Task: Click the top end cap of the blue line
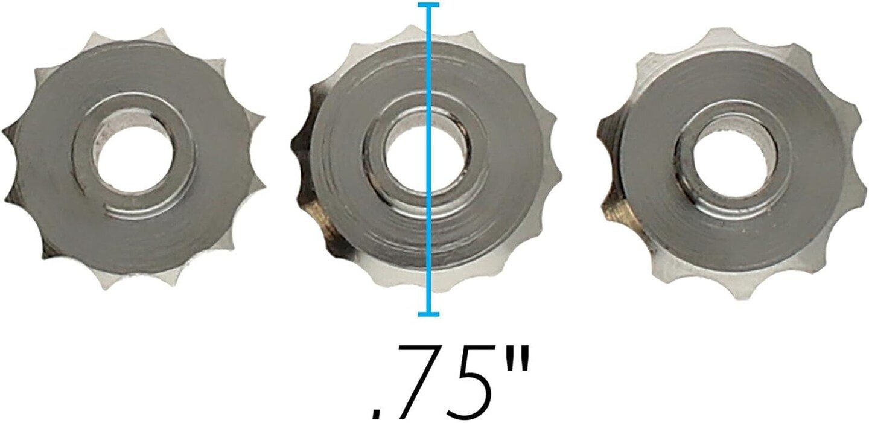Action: pos(428,5)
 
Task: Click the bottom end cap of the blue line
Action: pos(428,313)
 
